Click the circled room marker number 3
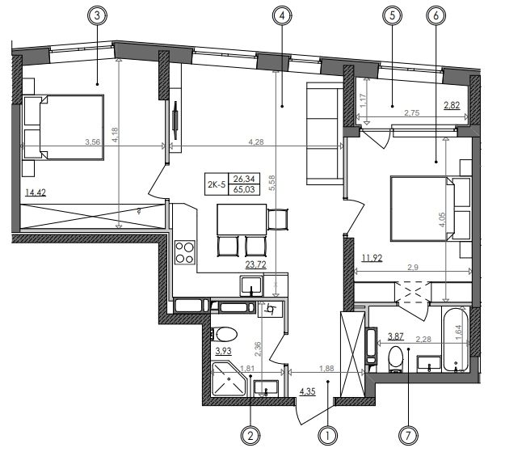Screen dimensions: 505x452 click(x=98, y=16)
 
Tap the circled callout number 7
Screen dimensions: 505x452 click(x=408, y=436)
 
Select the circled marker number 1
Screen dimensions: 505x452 click(x=327, y=436)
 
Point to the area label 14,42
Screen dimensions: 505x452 click(x=36, y=192)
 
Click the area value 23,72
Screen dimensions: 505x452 click(x=255, y=264)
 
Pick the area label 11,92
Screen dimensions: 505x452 click(x=372, y=258)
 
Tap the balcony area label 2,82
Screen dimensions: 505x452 click(x=452, y=105)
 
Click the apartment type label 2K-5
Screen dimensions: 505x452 click(x=216, y=184)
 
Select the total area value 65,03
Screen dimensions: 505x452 click(x=244, y=189)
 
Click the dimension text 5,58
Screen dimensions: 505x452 click(x=272, y=183)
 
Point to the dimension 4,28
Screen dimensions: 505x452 click(x=256, y=142)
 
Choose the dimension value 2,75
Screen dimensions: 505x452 click(x=412, y=113)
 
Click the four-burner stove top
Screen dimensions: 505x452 click(x=185, y=253)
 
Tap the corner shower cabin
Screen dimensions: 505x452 click(x=229, y=378)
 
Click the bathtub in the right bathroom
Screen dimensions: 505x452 click(x=456, y=340)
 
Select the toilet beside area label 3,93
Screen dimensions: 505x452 click(x=225, y=334)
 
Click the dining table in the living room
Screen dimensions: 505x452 click(x=242, y=219)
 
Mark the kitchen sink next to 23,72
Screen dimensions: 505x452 click(x=251, y=286)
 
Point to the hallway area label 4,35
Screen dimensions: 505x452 click(x=307, y=391)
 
